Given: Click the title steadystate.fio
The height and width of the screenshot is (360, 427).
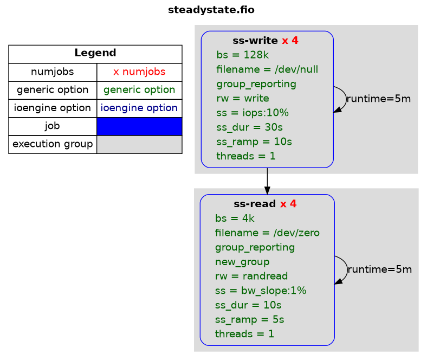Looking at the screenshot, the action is pyautogui.click(x=211, y=10).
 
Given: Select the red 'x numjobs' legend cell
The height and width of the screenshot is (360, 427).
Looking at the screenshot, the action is pyautogui.click(x=139, y=72).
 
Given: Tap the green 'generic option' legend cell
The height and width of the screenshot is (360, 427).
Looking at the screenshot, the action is pyautogui.click(x=139, y=90).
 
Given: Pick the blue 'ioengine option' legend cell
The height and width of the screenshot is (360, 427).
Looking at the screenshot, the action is pyautogui.click(x=139, y=108).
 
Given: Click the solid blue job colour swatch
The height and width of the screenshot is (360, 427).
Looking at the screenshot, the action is pyautogui.click(x=139, y=126).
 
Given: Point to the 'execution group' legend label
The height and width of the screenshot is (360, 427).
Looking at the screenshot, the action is pyautogui.click(x=53, y=144).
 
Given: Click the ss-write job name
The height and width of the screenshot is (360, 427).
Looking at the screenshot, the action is pyautogui.click(x=255, y=41).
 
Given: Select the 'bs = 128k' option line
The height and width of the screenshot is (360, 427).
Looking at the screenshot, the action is pyautogui.click(x=242, y=55).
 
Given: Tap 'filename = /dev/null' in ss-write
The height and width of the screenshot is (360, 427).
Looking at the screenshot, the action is pyautogui.click(x=267, y=69).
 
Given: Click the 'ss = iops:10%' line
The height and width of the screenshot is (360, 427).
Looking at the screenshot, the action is pyautogui.click(x=253, y=113).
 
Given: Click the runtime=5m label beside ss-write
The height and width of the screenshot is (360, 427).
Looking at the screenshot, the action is pyautogui.click(x=379, y=99).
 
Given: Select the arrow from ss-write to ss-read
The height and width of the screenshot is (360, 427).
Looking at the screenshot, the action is pyautogui.click(x=267, y=181).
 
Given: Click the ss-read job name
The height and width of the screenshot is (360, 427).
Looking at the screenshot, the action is pyautogui.click(x=255, y=204).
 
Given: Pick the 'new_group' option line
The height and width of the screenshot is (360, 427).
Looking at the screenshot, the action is pyautogui.click(x=242, y=262).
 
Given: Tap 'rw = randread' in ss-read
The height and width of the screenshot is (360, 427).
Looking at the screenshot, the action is pyautogui.click(x=251, y=276).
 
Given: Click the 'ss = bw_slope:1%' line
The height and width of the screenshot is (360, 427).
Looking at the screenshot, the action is pyautogui.click(x=261, y=291).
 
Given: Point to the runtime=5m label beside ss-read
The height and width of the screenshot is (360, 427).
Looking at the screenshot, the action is pyautogui.click(x=380, y=269).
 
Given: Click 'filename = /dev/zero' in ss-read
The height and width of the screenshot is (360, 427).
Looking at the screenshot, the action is pyautogui.click(x=267, y=233).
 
